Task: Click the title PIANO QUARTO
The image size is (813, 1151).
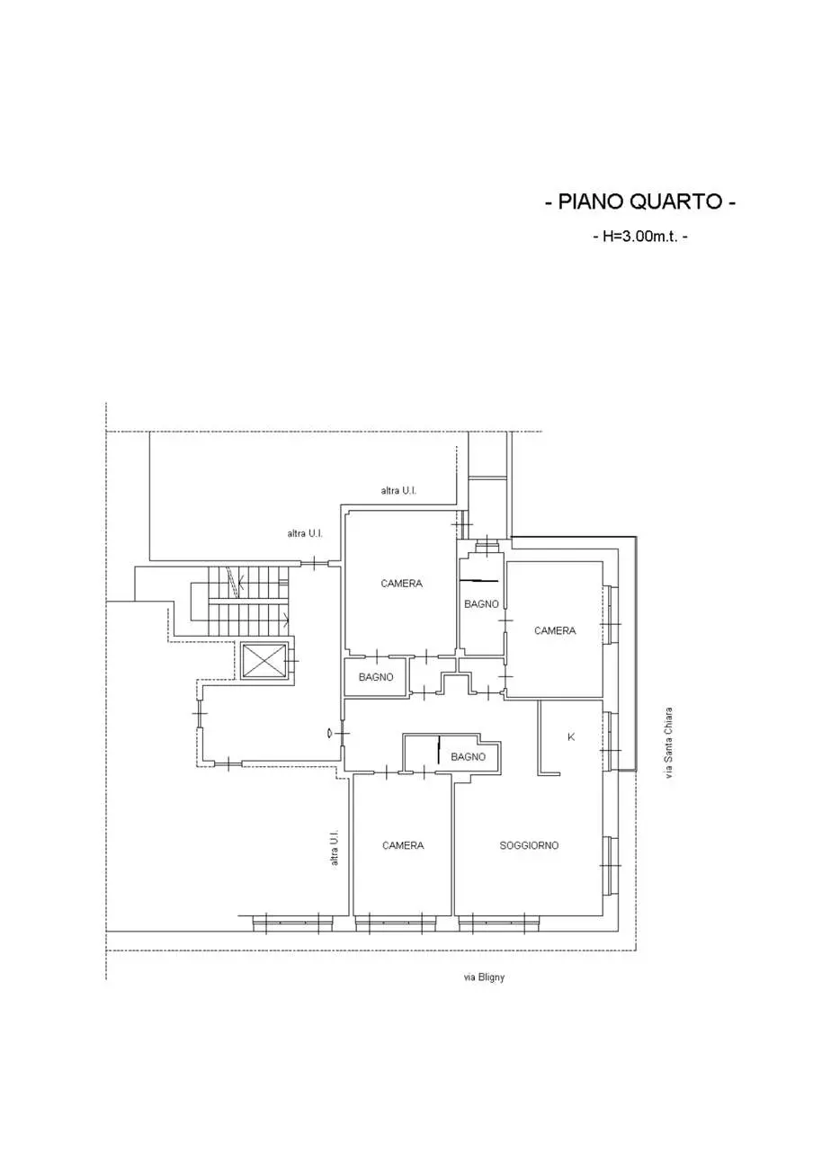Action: pos(639,202)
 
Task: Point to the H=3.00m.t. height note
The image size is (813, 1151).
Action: pos(640,236)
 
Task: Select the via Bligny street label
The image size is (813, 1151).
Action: pos(484,977)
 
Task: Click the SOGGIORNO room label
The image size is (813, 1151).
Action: pos(529,845)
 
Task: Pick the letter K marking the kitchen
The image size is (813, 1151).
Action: pos(571,736)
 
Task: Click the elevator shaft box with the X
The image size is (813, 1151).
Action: pos(264,661)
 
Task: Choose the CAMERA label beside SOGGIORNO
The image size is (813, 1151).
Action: pos(403,845)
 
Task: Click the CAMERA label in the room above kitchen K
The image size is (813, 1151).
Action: pos(555,630)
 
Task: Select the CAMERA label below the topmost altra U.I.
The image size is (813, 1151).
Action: pos(401,584)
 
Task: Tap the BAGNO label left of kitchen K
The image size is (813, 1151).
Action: pos(469,756)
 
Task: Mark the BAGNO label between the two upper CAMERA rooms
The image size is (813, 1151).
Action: pos(481,604)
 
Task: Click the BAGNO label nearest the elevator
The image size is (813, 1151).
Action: pos(376,677)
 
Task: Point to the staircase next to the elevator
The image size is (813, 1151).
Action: pos(248,601)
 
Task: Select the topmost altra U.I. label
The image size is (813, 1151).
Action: pos(398,491)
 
